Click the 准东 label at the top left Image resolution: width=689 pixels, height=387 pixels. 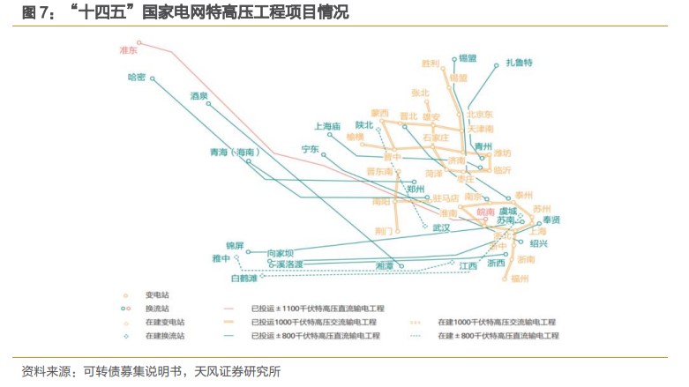(x=129, y=51)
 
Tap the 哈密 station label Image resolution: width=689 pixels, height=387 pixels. (x=136, y=78)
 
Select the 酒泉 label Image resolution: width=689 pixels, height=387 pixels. (x=198, y=95)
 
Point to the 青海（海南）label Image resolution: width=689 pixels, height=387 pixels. (x=234, y=153)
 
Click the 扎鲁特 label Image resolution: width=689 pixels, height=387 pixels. (x=520, y=63)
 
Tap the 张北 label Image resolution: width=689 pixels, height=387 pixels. (x=420, y=93)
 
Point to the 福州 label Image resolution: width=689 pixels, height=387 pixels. (x=520, y=279)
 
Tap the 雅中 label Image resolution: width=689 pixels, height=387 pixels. (x=221, y=258)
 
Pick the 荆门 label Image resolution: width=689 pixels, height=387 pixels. (x=385, y=230)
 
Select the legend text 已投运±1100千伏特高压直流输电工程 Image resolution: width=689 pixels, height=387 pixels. (x=315, y=309)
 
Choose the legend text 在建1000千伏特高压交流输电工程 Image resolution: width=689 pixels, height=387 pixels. (x=498, y=323)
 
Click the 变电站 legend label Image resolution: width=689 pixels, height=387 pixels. (x=155, y=294)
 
